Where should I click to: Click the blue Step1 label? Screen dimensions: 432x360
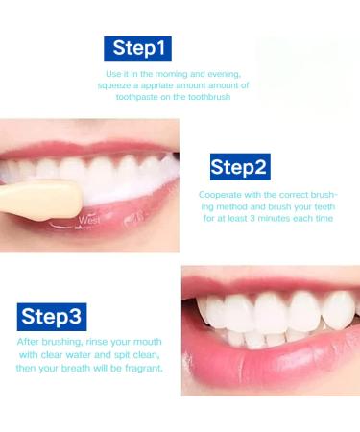(x=138, y=48)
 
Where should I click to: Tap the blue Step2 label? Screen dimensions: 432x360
(x=238, y=167)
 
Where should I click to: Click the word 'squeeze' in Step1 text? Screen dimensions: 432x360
(x=116, y=85)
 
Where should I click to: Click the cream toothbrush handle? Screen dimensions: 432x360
(x=34, y=197)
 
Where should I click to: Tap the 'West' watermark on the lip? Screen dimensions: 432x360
(x=88, y=220)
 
